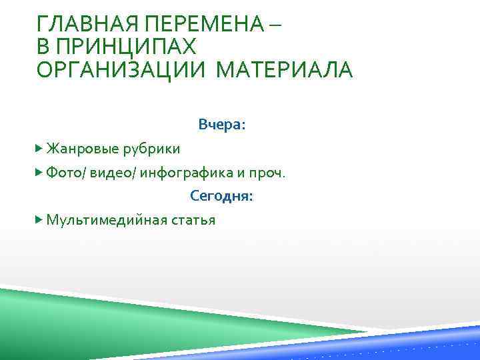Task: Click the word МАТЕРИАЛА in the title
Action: pos(285,69)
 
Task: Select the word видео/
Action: pos(113,173)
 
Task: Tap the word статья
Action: pos(193,220)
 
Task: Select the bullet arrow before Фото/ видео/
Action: pos(39,172)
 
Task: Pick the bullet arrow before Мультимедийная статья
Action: pos(39,219)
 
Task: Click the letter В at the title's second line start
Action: pos(43,47)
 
